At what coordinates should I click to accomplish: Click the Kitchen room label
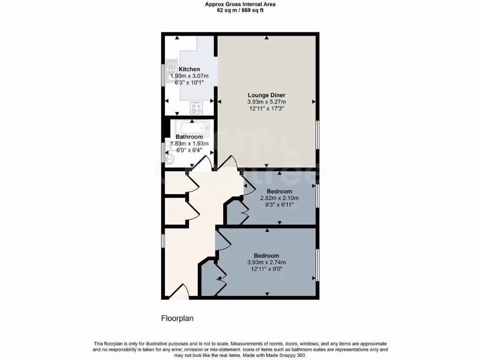coord(189,69)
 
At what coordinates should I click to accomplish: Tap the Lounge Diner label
coord(266,95)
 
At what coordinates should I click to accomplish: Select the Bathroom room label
coord(189,137)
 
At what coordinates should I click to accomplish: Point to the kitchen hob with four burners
coord(197,108)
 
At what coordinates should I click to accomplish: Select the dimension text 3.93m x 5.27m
coord(266,102)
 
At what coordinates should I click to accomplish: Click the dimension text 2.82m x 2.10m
coord(279,198)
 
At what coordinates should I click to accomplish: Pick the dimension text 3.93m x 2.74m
coord(266,262)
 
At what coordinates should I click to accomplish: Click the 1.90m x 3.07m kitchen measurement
coord(189,76)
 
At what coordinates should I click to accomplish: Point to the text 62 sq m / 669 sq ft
coord(240,10)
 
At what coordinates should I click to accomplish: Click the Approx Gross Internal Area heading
coord(240,4)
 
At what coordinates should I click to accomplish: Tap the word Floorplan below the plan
coord(177,319)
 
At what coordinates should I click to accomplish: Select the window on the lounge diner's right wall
coord(317,135)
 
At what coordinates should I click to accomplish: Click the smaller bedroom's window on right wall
coord(317,195)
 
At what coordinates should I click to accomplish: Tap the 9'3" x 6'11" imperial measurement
coord(279,204)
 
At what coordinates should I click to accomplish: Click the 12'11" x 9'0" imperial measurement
coord(266,269)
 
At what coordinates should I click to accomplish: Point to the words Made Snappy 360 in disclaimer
coord(287,355)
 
